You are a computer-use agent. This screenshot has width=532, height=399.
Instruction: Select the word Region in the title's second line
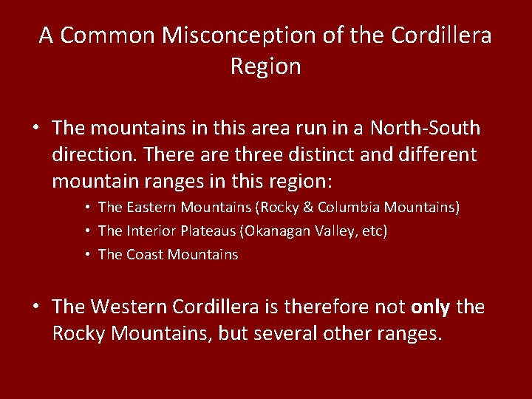tap(265, 66)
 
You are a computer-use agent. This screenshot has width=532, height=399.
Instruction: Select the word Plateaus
tap(204, 231)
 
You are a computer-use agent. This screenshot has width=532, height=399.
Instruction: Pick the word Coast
tap(144, 255)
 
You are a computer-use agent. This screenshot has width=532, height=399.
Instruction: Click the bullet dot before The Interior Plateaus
tap(87, 231)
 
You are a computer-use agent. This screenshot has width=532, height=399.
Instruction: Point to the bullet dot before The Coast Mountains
tap(87, 255)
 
